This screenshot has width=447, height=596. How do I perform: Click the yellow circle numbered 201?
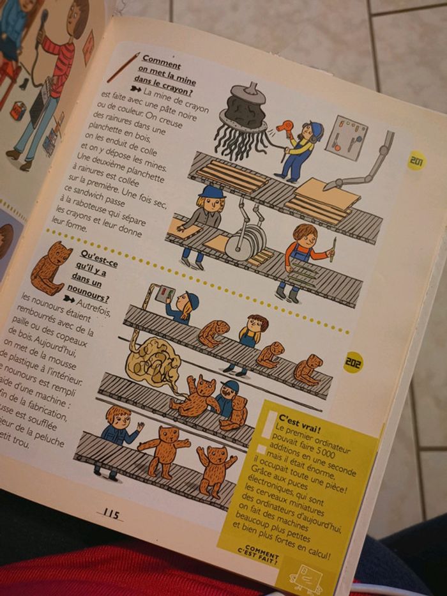[416, 160]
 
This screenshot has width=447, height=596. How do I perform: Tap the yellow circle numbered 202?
[352, 362]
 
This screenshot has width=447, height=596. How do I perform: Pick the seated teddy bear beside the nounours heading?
[52, 266]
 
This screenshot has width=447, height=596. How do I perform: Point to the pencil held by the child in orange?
[331, 249]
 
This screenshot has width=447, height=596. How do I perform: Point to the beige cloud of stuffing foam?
[157, 360]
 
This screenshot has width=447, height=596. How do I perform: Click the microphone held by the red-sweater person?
[43, 20]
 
